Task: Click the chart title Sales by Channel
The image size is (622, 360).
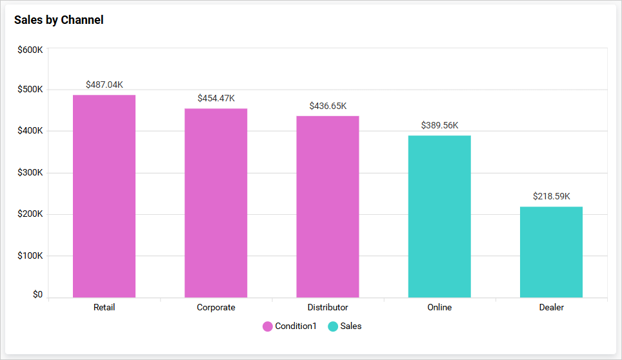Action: pyautogui.click(x=59, y=20)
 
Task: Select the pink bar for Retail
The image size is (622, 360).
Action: pyautogui.click(x=104, y=196)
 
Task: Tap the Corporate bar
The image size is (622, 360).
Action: pyautogui.click(x=216, y=203)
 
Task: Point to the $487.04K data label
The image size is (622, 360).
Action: pyautogui.click(x=104, y=85)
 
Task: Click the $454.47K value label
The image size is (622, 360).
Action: pyautogui.click(x=216, y=98)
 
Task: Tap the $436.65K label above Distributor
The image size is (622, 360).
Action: pyautogui.click(x=328, y=106)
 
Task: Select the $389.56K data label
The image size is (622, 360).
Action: pyautogui.click(x=439, y=125)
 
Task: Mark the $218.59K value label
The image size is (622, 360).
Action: pyautogui.click(x=552, y=196)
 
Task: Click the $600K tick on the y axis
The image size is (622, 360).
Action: pyautogui.click(x=30, y=49)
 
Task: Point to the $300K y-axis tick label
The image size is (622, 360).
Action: pyautogui.click(x=30, y=173)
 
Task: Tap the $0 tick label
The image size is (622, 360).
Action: pyautogui.click(x=37, y=295)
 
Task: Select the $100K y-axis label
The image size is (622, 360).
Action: pyautogui.click(x=30, y=256)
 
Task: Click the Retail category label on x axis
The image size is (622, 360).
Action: pyautogui.click(x=104, y=307)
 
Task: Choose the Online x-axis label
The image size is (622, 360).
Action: pyautogui.click(x=439, y=307)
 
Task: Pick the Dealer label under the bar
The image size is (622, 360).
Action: pyautogui.click(x=551, y=307)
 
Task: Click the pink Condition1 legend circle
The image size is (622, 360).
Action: pyautogui.click(x=268, y=326)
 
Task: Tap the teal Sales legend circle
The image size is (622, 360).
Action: pyautogui.click(x=333, y=326)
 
